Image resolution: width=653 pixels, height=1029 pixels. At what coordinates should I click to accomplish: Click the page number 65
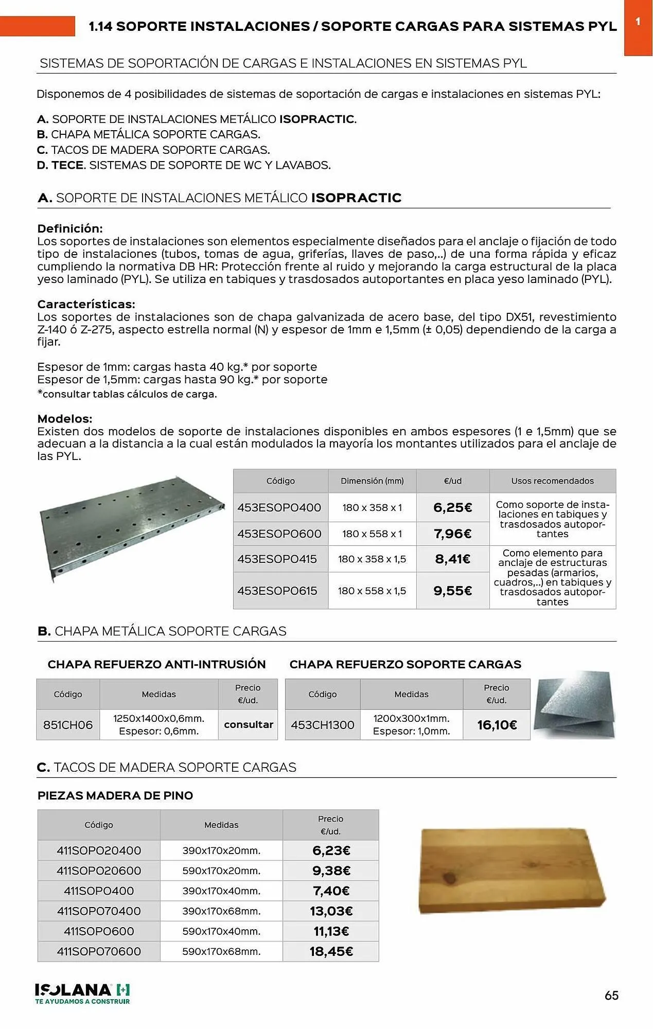pos(611,995)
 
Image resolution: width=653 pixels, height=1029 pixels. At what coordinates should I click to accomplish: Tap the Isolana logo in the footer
pos(82,993)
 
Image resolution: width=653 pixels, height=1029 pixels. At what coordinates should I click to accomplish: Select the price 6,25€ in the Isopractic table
pos(452,507)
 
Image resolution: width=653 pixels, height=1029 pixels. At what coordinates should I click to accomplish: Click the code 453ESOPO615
pos(277,591)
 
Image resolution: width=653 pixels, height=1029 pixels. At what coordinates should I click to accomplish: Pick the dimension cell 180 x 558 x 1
pos(372,534)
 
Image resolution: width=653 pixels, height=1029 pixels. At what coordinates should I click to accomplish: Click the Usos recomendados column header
pos(552,481)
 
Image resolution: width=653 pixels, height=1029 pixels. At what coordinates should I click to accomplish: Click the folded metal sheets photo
pos(574,705)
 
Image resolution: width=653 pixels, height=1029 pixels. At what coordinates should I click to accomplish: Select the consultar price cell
pos(248,724)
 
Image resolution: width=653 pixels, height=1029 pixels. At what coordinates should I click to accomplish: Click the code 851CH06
pos(68,724)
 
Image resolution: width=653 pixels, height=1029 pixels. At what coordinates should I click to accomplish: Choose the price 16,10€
pos(497,724)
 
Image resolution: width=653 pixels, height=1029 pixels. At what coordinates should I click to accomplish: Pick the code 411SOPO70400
pos(99,911)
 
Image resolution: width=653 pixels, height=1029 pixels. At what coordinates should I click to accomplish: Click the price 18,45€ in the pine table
pos(331,951)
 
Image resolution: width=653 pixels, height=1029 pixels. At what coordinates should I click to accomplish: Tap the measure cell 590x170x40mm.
pos(221,931)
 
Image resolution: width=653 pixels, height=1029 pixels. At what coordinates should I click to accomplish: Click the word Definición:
pos(70,228)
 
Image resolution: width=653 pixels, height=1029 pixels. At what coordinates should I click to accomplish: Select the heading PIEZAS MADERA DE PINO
pos(115,795)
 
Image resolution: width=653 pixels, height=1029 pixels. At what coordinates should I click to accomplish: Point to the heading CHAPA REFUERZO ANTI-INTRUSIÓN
pos(156,664)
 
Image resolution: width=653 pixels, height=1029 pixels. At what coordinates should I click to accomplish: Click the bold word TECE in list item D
pos(67,165)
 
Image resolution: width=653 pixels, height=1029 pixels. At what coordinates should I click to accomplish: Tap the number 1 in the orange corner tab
pos(638,22)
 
